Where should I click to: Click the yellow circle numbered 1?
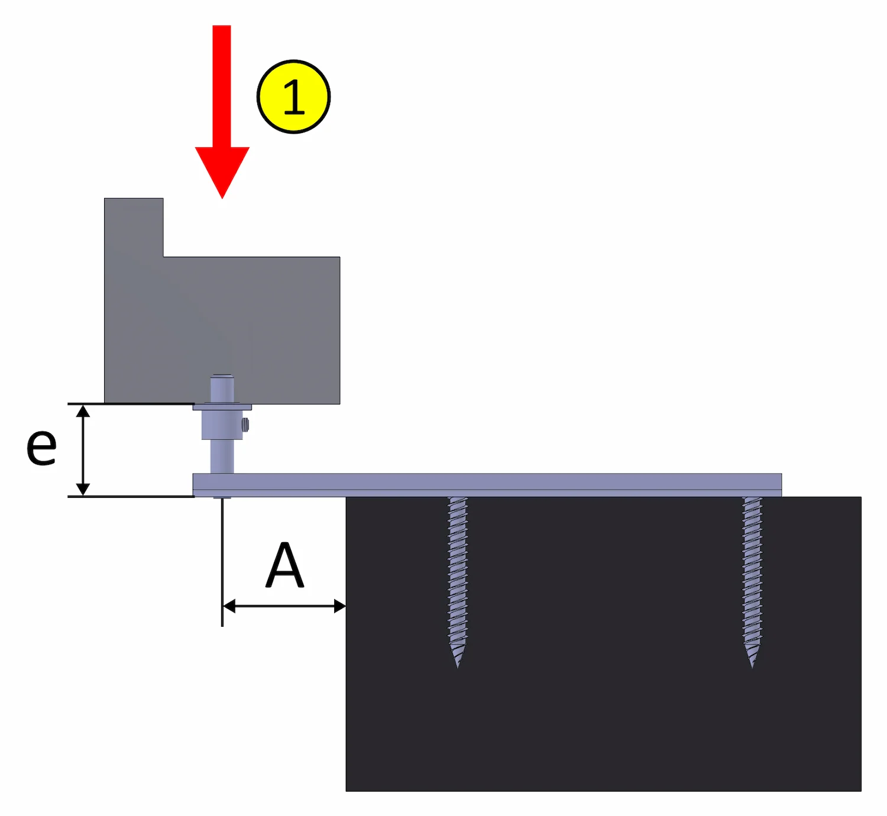coord(293,96)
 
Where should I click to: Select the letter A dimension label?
coord(284,566)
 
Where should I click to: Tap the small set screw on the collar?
coord(246,423)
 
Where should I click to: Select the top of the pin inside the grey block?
coord(222,377)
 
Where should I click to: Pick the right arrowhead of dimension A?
coord(339,606)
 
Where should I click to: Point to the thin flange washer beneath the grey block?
coord(222,407)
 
